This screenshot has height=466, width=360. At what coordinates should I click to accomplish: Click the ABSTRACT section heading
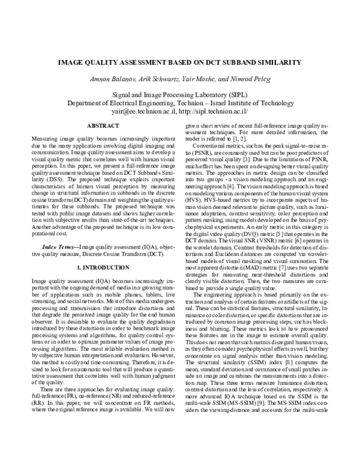[x=103, y=126]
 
